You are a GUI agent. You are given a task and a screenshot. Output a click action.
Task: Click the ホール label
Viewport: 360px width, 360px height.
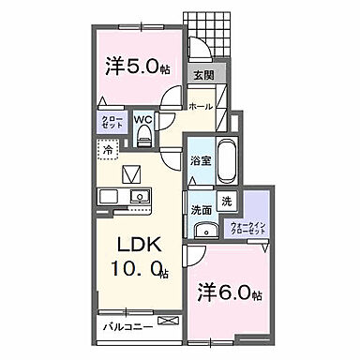[x=200, y=108]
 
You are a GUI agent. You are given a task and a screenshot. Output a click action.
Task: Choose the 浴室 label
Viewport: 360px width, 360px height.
[x=200, y=160]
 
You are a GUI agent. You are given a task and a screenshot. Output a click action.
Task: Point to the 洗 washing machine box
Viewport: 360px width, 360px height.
[x=226, y=201]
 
